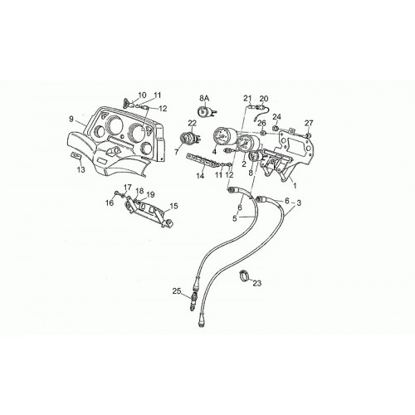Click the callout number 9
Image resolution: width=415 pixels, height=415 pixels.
(x=71, y=120)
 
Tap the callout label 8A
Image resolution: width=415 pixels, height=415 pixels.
(x=204, y=98)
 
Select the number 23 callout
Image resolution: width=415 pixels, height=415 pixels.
(x=257, y=283)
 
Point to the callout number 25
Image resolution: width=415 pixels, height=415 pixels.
(x=177, y=291)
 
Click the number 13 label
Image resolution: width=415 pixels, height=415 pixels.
(x=81, y=169)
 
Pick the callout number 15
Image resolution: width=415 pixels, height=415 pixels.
(x=174, y=206)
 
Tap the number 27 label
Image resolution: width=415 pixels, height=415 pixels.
(x=309, y=123)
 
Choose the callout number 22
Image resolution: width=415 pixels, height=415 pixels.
(x=193, y=123)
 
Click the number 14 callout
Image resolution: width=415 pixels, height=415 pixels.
(x=200, y=175)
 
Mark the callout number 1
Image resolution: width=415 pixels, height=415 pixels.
(x=295, y=186)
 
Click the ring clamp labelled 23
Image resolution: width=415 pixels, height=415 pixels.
(x=244, y=276)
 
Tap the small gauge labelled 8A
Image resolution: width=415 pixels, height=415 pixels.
(x=205, y=111)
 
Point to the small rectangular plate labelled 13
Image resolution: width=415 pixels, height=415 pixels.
(x=76, y=155)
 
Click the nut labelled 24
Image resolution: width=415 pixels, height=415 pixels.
(x=276, y=128)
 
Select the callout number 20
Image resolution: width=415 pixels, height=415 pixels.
(x=264, y=99)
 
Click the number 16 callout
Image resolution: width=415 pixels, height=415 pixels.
(x=110, y=203)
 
